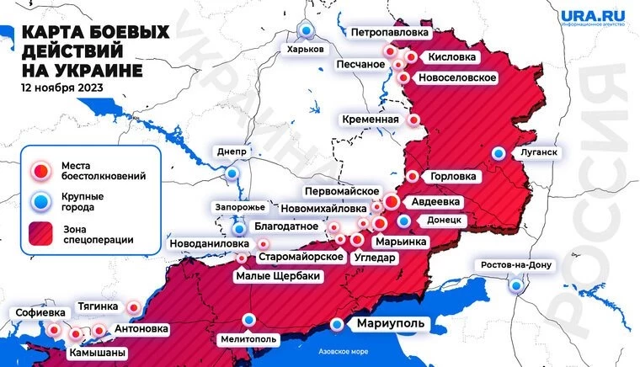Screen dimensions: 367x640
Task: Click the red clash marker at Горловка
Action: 413,176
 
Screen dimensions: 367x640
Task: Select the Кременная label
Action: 371,120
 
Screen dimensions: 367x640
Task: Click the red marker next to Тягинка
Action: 134,307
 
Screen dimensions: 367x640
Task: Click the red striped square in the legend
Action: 40,233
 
